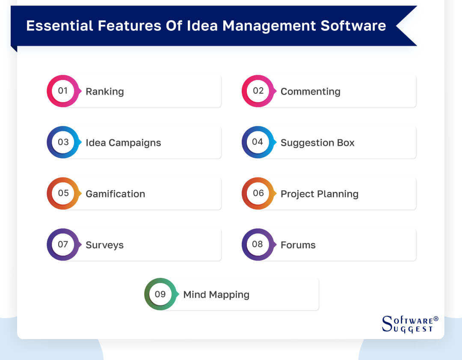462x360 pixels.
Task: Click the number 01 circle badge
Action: (63, 91)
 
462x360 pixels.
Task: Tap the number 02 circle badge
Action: (258, 91)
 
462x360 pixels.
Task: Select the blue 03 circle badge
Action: (63, 142)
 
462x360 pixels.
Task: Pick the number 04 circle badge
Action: (258, 142)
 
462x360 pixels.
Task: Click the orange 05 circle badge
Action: (63, 193)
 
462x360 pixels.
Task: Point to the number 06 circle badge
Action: (258, 193)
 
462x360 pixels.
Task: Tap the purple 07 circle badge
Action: (63, 245)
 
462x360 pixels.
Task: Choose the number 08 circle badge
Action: (258, 245)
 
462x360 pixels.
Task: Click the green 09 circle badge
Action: (160, 294)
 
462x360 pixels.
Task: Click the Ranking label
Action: (104, 91)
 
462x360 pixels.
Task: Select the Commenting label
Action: (310, 91)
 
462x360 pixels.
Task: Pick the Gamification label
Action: (115, 194)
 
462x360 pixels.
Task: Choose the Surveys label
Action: (104, 245)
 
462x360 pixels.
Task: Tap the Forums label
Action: (298, 245)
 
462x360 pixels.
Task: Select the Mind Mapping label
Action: (216, 295)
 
